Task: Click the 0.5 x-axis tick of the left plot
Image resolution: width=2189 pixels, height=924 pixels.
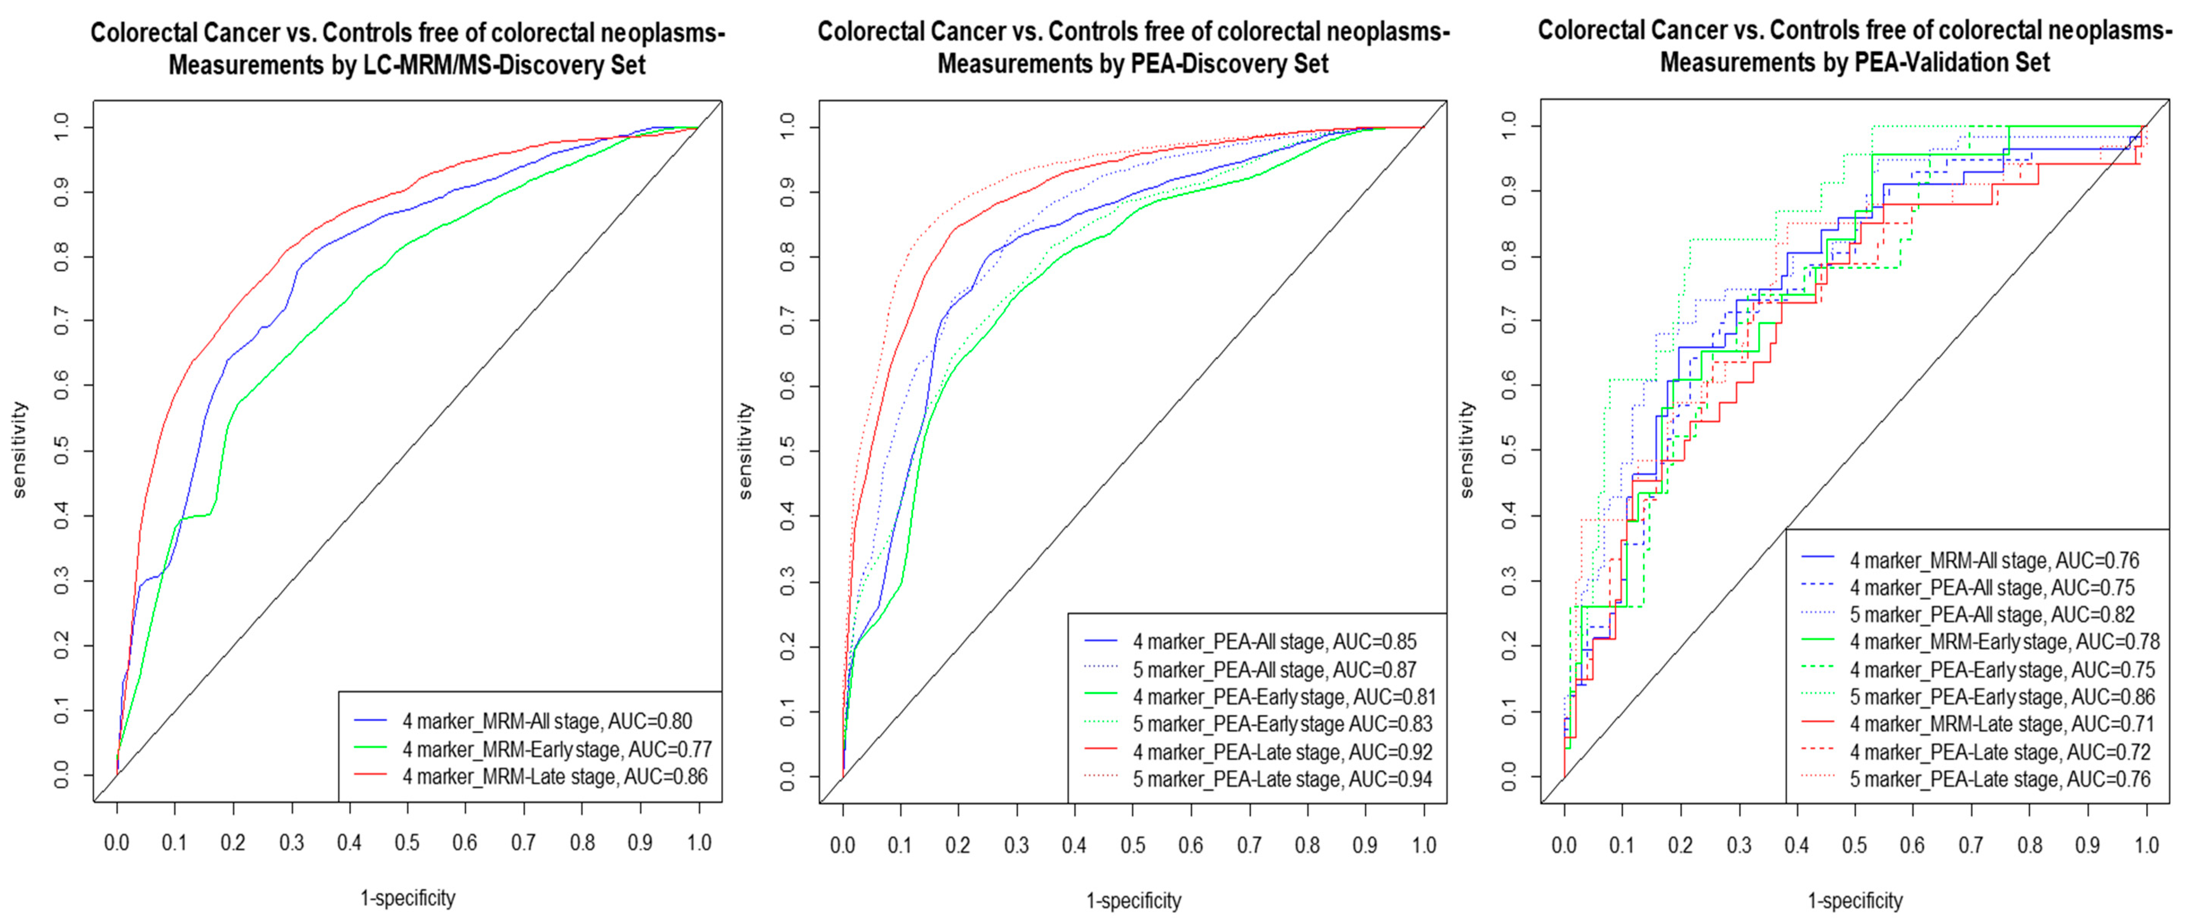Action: pos(407,844)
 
